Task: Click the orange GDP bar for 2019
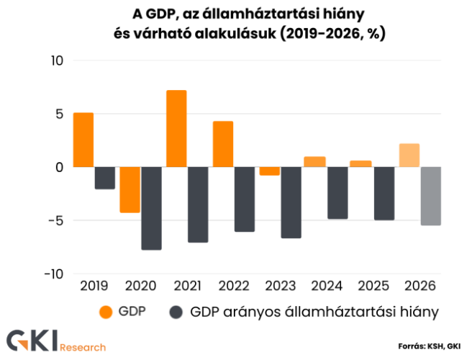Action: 83,140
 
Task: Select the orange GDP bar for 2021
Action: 176,129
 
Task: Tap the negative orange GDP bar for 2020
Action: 130,189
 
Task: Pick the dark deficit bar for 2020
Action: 151,208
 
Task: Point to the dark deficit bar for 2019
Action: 105,178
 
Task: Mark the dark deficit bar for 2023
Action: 291,202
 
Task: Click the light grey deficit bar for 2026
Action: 430,196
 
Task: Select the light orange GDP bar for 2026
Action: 409,156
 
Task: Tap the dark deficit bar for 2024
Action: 337,193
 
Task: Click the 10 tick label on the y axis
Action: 58,60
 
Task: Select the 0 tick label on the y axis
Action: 60,167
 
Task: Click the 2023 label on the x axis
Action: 280,286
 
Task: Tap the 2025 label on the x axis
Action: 373,286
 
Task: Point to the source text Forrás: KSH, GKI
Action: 429,346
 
